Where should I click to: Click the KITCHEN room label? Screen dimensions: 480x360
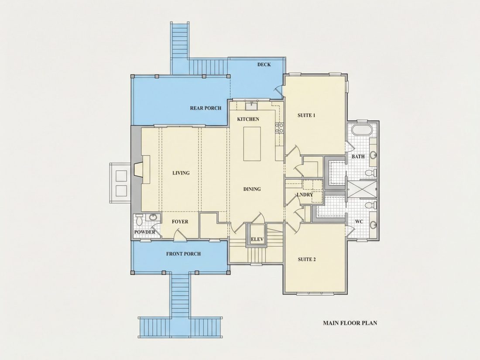(248, 119)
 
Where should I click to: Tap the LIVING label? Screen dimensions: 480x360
(181, 173)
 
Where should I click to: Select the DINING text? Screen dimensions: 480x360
(252, 189)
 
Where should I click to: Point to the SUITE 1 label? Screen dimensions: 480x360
(306, 115)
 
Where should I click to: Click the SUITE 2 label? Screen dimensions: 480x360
(307, 260)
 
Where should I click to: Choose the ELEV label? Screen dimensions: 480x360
(257, 240)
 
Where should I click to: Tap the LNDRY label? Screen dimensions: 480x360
(305, 195)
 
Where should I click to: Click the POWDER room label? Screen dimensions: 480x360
(145, 232)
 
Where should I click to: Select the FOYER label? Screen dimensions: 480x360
(180, 222)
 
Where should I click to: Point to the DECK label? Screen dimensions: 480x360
(264, 65)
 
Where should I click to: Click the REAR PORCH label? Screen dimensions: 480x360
(206, 108)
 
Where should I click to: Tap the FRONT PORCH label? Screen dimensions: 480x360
(183, 254)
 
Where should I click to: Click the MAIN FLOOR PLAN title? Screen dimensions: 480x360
(350, 322)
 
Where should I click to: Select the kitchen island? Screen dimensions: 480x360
(252, 144)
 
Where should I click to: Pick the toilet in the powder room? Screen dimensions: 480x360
(139, 220)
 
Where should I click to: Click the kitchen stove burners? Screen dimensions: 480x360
(279, 128)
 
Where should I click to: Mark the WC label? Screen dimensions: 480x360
(359, 222)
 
